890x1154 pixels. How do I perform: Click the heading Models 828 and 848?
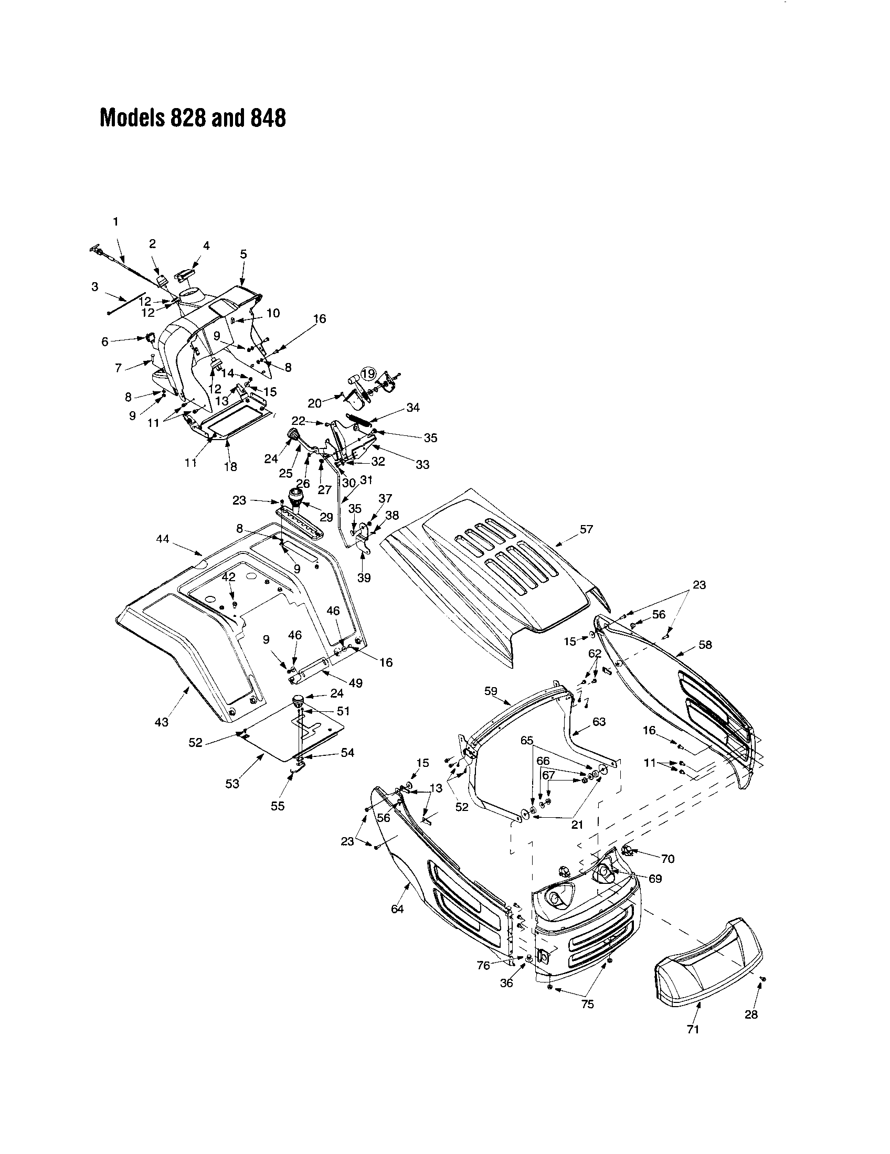coord(193,118)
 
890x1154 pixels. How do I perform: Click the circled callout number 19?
coord(368,374)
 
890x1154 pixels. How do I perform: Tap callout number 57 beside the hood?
coord(586,529)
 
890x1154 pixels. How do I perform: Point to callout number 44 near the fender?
coord(163,539)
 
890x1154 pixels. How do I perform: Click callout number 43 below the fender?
coord(161,722)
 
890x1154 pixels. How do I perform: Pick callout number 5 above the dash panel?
coord(243,254)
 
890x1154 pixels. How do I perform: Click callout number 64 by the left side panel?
coord(397,909)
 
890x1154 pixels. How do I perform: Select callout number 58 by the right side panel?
coord(705,645)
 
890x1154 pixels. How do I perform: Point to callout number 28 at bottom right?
coord(750,1014)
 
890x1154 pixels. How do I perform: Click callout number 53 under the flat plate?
coord(232,784)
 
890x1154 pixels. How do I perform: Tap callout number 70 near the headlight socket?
coord(668,859)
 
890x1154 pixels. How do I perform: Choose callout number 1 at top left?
coord(116,222)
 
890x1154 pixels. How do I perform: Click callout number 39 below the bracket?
coord(364,578)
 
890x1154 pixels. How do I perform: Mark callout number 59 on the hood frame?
coord(491,691)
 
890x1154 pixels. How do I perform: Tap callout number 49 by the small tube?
coord(356,682)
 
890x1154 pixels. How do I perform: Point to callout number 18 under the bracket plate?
coord(230,466)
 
